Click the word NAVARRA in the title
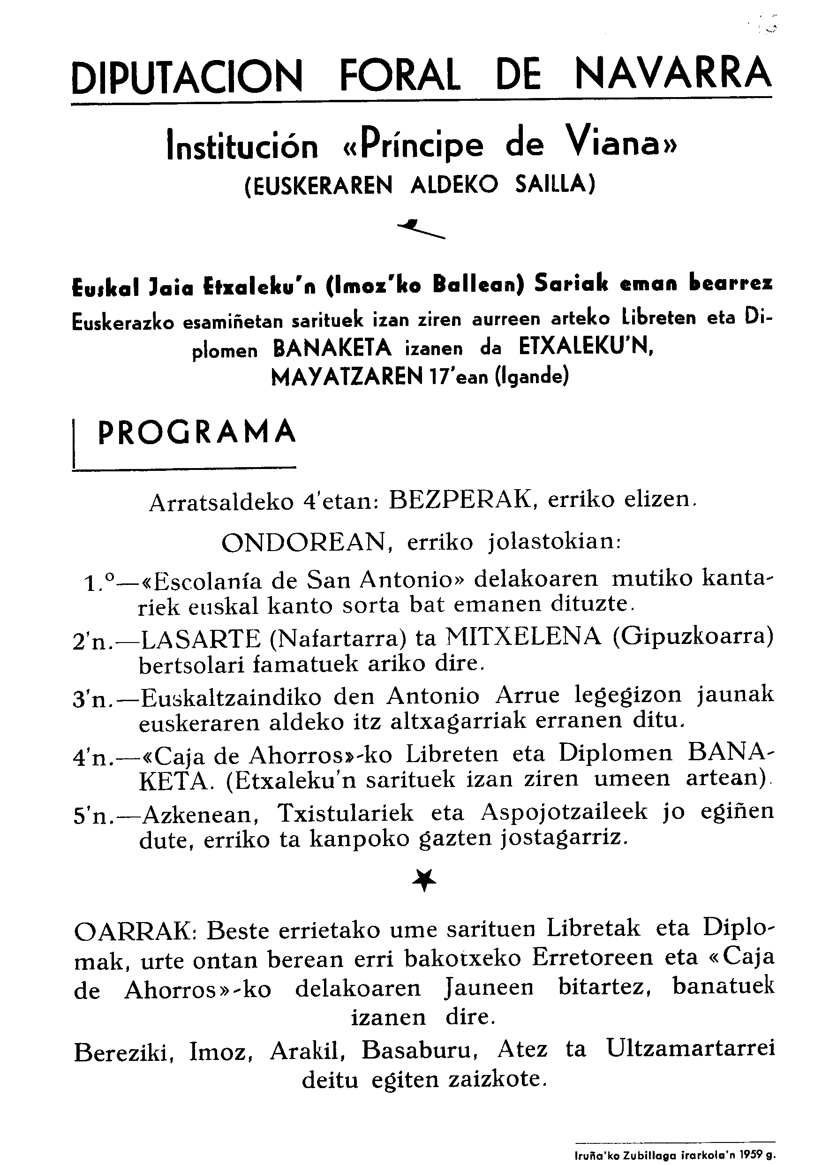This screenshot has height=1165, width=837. [x=673, y=75]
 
